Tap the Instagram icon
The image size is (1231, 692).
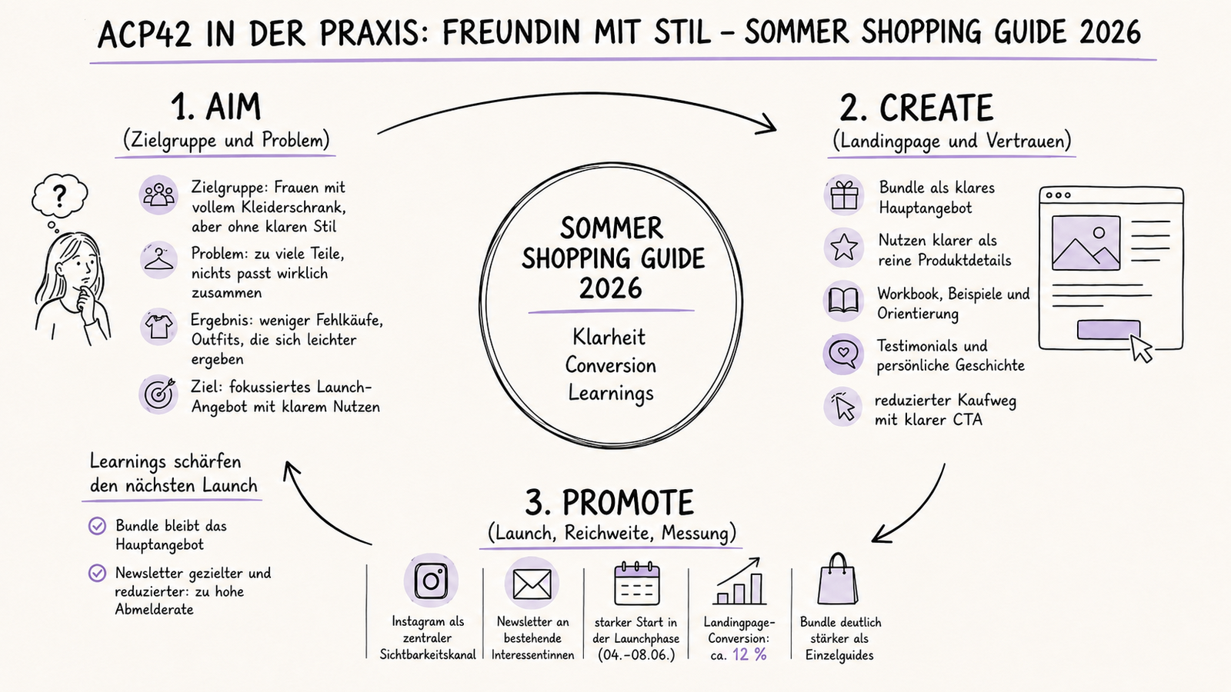pos(431,581)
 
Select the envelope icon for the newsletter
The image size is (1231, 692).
pos(532,584)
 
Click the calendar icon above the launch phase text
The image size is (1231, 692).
pos(636,584)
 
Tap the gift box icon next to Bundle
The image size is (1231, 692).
pos(844,196)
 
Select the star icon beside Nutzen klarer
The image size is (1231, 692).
pos(844,247)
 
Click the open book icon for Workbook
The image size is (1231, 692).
pos(843,301)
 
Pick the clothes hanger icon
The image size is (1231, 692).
pos(158,259)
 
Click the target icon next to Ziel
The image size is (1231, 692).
pos(158,393)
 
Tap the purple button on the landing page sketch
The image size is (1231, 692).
pos(1108,330)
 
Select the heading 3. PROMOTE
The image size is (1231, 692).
pos(609,503)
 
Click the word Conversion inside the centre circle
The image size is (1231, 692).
pos(611,365)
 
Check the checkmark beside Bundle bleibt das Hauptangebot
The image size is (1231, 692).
pos(97,526)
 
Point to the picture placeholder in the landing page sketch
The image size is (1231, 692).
pos(1086,243)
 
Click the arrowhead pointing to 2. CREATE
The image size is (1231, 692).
pos(767,125)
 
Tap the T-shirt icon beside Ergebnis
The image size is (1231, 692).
pos(158,326)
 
